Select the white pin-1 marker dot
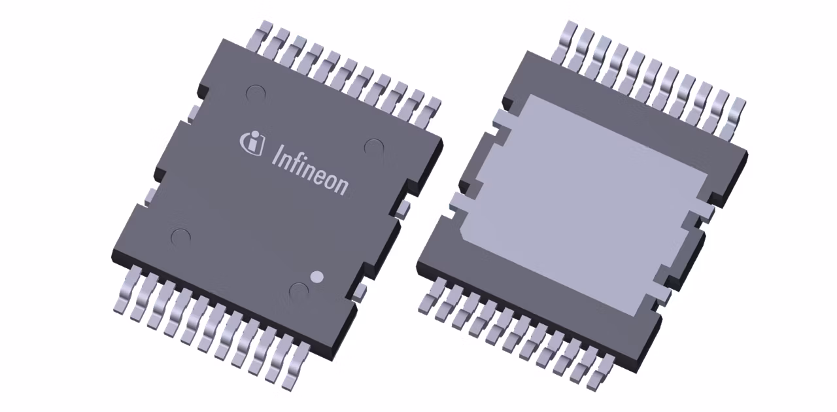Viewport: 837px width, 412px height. click(x=316, y=277)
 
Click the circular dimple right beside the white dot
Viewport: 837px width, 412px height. click(x=299, y=291)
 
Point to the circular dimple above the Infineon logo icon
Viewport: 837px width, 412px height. click(x=256, y=94)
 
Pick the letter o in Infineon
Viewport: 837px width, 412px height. click(x=332, y=180)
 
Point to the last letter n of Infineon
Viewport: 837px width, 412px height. click(x=343, y=186)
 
